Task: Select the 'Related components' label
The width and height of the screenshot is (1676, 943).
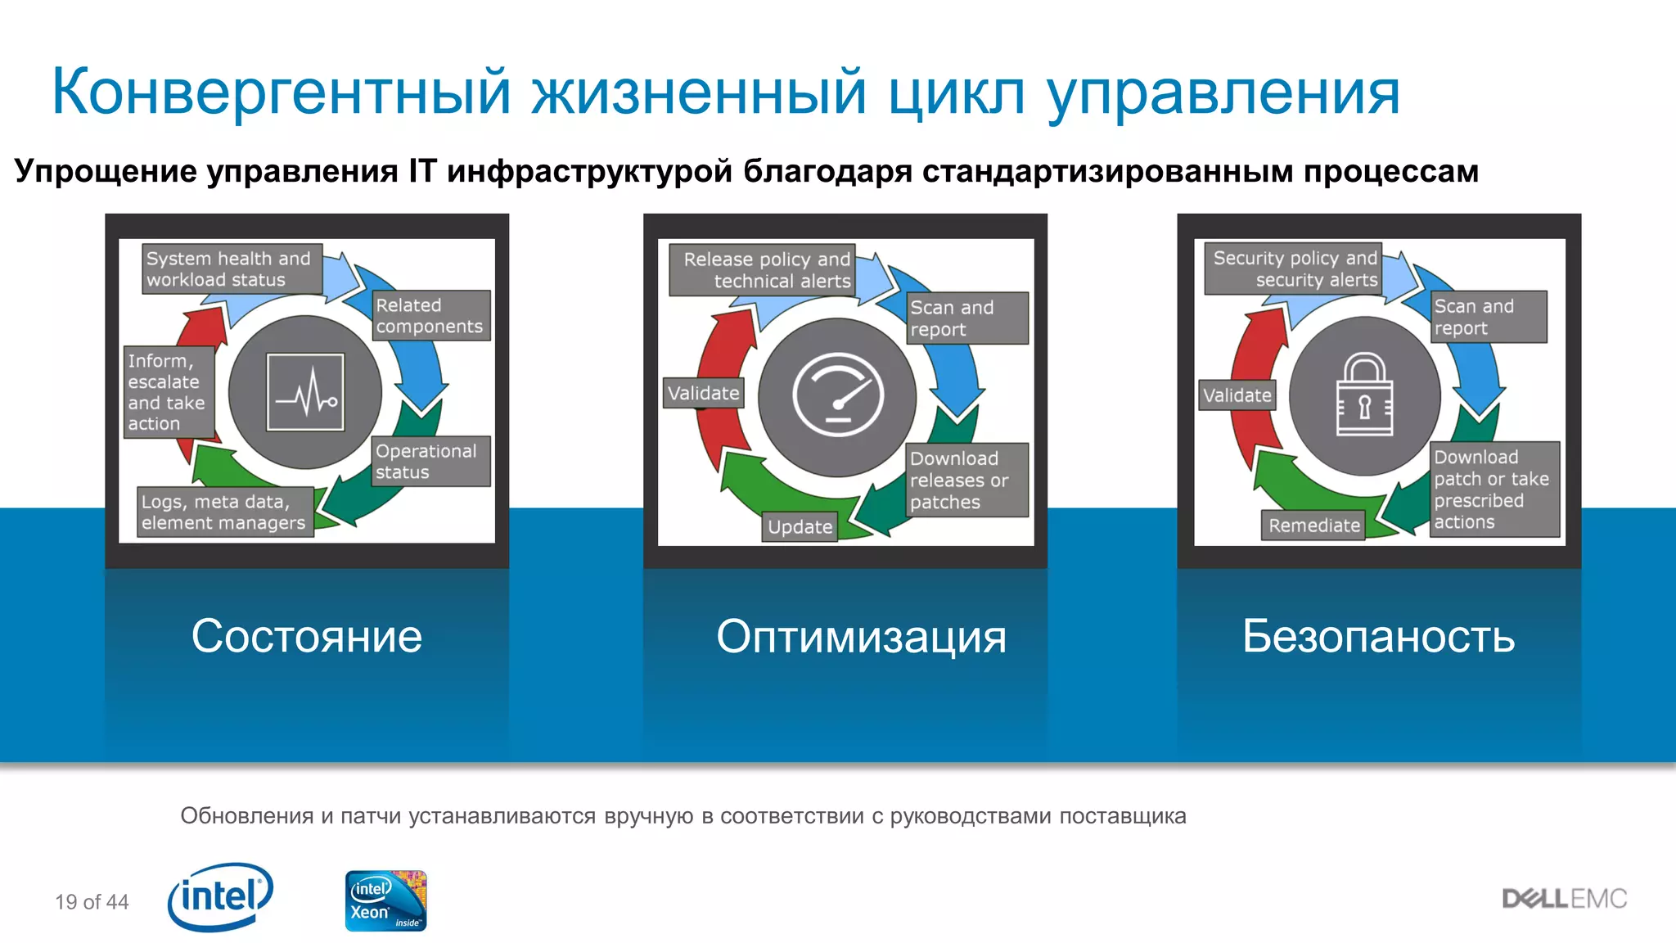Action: click(x=430, y=315)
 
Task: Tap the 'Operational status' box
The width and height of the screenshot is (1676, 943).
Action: click(x=430, y=462)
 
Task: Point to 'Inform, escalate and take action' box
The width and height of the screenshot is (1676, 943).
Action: click(x=168, y=392)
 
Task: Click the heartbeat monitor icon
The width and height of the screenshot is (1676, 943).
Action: click(x=305, y=392)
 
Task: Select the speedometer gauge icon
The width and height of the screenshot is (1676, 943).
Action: click(x=837, y=395)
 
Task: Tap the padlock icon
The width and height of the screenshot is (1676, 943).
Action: click(x=1364, y=395)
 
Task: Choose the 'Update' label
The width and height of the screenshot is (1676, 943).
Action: click(x=800, y=527)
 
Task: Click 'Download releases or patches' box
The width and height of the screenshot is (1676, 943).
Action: click(x=966, y=480)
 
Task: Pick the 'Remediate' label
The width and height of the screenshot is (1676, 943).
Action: click(x=1313, y=526)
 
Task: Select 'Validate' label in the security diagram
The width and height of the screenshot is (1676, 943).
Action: click(x=1237, y=395)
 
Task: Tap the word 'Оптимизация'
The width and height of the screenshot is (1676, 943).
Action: click(x=861, y=637)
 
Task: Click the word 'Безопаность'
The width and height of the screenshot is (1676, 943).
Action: click(x=1378, y=637)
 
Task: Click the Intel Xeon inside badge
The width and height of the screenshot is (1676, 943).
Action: click(x=385, y=900)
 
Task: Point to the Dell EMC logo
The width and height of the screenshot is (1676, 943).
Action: click(x=1564, y=899)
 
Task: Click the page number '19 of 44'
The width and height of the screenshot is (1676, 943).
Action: click(x=92, y=902)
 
